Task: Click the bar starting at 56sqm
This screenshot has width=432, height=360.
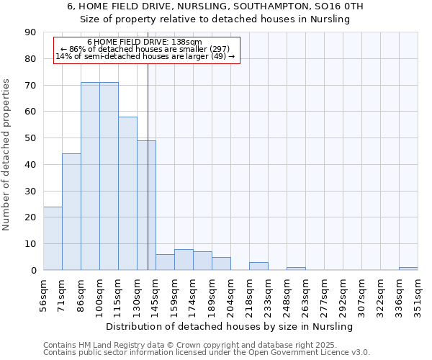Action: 53,238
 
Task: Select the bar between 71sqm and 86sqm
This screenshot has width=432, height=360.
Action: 71,212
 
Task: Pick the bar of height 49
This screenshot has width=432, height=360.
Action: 146,205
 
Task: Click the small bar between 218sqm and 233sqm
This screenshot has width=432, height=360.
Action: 258,266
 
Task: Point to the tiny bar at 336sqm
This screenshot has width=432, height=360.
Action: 408,269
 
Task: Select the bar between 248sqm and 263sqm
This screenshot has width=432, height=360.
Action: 296,269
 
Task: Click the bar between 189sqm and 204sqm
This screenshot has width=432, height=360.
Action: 221,264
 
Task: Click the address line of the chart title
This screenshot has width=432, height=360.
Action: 215,6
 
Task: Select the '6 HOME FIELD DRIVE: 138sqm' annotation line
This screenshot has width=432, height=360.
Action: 145,42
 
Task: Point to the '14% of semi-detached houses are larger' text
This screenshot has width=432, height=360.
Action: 145,56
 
